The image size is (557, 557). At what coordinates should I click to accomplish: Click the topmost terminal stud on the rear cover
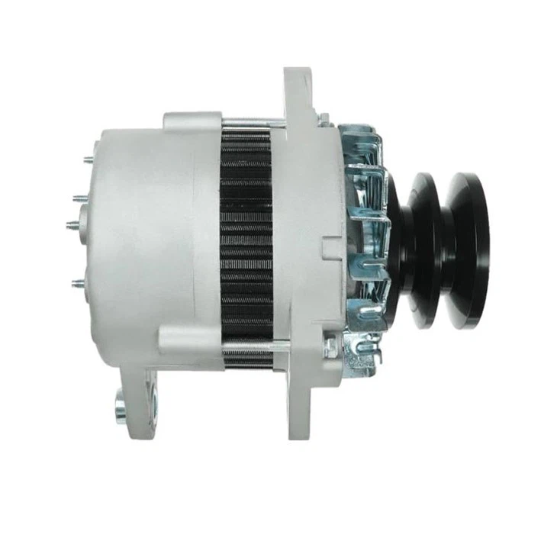87,159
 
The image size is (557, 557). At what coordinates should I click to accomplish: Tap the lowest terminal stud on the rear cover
78,283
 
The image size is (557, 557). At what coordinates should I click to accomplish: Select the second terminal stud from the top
78,198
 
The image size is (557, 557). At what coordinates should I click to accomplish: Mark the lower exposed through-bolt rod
252,348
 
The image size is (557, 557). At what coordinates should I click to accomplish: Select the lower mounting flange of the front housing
299,404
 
